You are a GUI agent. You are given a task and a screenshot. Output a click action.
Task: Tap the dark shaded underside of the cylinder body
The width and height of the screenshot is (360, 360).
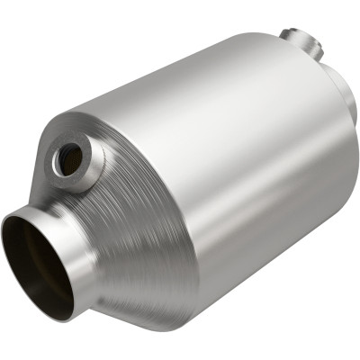pos(270,261)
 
